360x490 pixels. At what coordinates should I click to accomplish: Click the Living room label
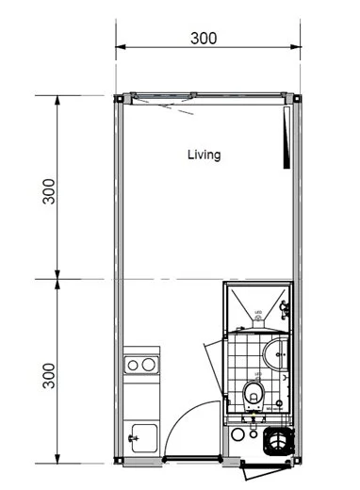pos(204,155)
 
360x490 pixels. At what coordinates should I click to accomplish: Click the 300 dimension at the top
pos(204,39)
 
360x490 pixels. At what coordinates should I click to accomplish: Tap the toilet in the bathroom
pos(253,392)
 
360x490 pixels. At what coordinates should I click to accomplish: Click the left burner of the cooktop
pos(134,365)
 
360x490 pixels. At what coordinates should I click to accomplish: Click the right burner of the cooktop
pos(149,365)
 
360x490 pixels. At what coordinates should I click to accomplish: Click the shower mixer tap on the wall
pos(284,305)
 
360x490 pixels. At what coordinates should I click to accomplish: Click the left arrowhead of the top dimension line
pos(120,46)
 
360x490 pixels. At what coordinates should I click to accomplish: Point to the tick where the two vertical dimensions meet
pos(58,279)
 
